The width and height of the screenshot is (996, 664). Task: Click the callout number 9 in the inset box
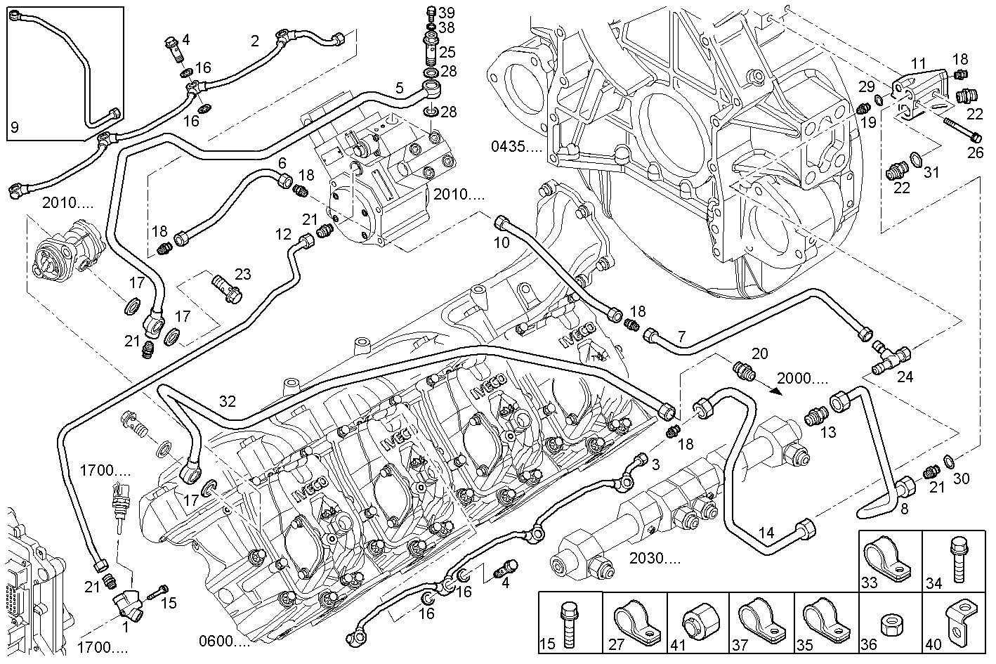tap(15, 128)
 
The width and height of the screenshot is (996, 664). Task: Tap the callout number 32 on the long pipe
tap(228, 401)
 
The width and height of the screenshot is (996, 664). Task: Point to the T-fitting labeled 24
tap(888, 356)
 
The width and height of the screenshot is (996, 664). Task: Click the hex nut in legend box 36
tap(891, 624)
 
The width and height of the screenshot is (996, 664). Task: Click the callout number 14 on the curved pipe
tap(766, 533)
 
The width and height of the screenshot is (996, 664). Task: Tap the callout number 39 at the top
tap(447, 13)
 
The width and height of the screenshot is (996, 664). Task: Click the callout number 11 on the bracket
tap(919, 64)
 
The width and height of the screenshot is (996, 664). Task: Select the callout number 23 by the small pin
tap(242, 274)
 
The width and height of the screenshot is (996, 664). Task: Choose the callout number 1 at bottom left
tap(125, 627)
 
